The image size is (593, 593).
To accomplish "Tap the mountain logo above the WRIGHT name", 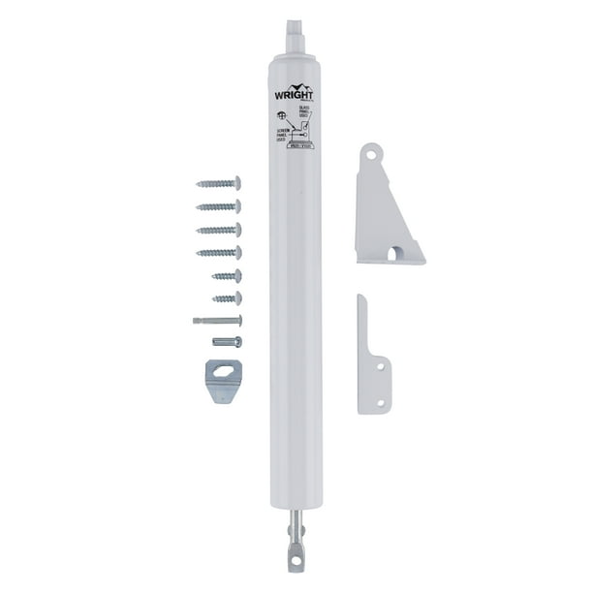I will point(296,85).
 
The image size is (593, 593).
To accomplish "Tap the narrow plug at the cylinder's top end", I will point(296,33).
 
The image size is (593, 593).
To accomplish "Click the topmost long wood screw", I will point(218,182).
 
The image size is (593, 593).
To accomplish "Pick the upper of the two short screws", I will point(227,276).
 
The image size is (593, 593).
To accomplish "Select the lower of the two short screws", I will point(227,298).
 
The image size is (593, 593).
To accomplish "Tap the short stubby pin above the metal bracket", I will point(226,341).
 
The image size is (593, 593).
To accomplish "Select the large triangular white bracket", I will point(386,213).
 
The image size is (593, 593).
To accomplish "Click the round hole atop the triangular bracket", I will point(369,153).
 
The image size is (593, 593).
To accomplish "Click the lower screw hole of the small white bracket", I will point(382,399).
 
